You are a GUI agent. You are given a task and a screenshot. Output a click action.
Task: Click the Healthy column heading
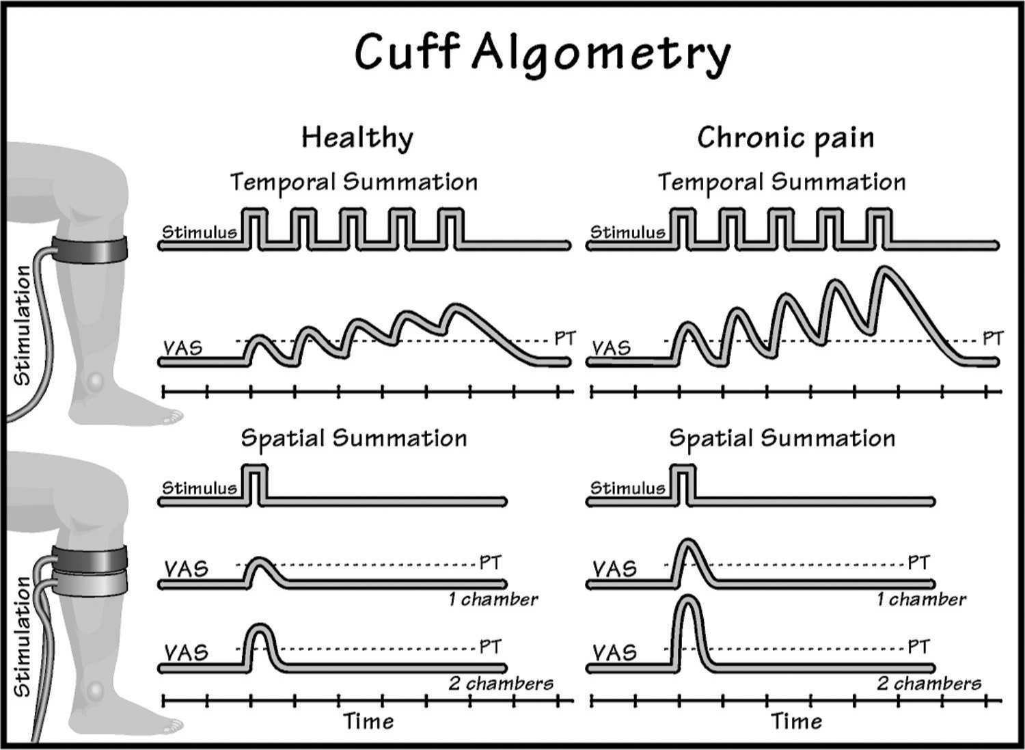357,137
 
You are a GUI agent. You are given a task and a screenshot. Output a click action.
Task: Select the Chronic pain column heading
785,137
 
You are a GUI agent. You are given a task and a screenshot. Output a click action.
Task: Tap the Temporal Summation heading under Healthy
353,183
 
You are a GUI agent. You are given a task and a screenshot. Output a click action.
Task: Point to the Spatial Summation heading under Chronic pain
782,438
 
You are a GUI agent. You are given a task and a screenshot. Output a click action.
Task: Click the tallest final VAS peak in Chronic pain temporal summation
886,271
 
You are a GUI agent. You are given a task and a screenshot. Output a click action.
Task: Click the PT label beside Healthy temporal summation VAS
564,338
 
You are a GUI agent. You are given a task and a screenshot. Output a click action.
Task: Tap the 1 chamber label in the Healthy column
493,600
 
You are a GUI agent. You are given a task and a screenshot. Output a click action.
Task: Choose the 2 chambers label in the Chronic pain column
929,683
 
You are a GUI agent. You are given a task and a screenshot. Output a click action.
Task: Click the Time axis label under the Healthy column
368,721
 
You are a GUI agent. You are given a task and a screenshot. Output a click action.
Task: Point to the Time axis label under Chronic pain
797,721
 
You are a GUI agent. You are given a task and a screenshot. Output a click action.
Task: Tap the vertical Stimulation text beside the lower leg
22,637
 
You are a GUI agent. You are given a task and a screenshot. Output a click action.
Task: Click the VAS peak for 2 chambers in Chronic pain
689,602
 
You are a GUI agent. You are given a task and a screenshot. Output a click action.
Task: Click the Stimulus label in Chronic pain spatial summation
627,488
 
